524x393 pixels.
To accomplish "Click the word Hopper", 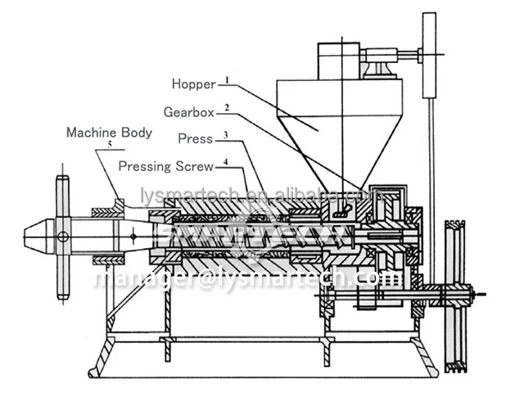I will click(x=192, y=84).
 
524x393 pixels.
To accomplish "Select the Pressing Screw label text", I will click(x=166, y=166).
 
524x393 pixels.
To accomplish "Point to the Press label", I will click(x=195, y=139).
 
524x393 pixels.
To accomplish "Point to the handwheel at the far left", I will click(x=61, y=238).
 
